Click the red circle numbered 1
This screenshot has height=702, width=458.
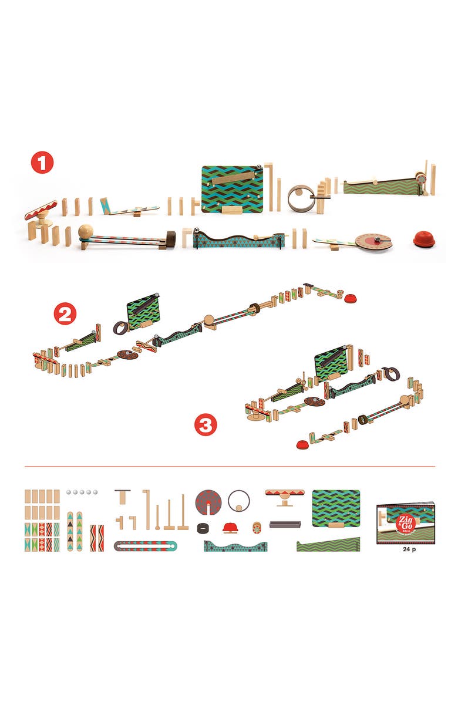(x=42, y=163)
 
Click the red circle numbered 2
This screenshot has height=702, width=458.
(x=65, y=315)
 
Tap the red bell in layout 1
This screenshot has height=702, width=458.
(x=425, y=239)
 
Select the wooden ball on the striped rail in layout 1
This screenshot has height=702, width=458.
(x=86, y=232)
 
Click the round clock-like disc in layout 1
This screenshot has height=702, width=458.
(x=374, y=241)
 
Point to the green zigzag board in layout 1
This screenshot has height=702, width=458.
(x=231, y=187)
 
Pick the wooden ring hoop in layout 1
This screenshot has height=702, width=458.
(x=301, y=198)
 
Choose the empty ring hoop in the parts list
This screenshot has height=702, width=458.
(x=238, y=501)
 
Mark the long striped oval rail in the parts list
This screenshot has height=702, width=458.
(x=145, y=546)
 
